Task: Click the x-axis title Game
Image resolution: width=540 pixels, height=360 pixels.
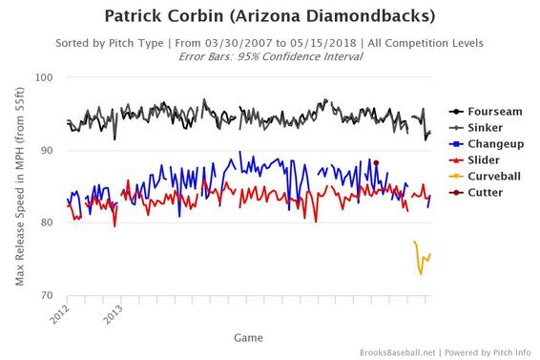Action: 248,337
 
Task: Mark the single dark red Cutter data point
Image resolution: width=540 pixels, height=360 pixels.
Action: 376,163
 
